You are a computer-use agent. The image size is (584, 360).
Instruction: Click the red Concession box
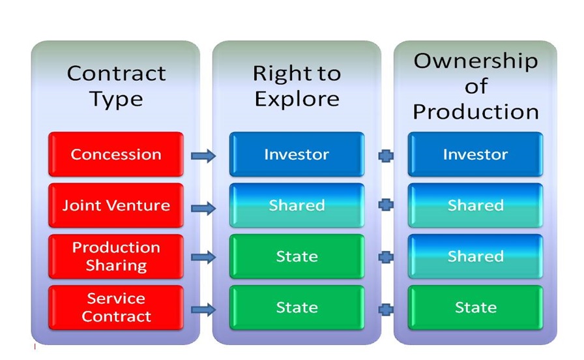coord(116,154)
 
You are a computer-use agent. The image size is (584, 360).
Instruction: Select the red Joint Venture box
coord(116,205)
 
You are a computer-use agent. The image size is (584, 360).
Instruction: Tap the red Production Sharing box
coord(116,256)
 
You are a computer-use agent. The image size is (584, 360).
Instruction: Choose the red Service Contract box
coord(116,307)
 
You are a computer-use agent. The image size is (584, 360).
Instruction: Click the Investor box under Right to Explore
coord(297,154)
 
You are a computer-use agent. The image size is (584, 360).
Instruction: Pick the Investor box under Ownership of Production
coord(475,154)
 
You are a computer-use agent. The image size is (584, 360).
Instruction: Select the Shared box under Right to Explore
coord(297,205)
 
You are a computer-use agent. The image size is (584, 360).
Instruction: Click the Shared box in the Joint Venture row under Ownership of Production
coord(475,205)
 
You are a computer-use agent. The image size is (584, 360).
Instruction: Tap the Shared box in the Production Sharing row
coord(475,256)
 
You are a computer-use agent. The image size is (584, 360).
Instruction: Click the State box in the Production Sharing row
coord(297,256)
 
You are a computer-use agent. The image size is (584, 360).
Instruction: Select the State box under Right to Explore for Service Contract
coord(297,307)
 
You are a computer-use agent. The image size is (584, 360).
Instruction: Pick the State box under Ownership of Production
coord(475,307)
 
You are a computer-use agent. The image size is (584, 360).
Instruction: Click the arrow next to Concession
coord(203,155)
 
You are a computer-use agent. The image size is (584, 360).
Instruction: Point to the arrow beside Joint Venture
coord(203,208)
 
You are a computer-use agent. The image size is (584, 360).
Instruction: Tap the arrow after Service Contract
coord(203,309)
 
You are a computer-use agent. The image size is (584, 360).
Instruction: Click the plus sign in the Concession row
coord(386,155)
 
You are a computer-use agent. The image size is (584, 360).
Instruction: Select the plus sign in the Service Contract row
coord(386,309)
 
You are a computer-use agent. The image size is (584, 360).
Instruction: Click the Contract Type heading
coord(116,86)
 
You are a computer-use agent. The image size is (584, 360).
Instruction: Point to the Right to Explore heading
coord(297,86)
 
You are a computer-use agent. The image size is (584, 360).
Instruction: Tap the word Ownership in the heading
coord(476,61)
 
